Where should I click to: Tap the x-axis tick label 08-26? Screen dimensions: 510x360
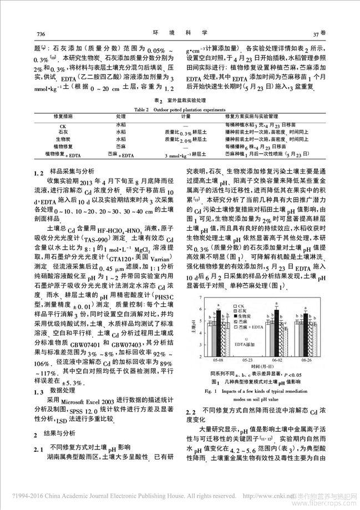coord(306,360)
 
